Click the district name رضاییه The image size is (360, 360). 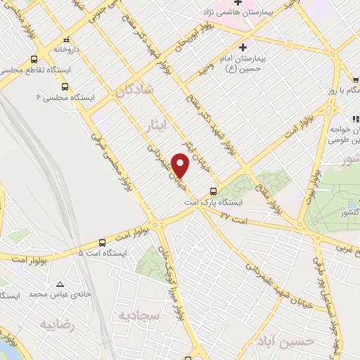58,325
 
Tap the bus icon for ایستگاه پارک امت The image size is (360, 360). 213,191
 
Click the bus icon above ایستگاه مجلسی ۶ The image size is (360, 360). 65,86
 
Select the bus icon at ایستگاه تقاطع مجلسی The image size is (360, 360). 34,60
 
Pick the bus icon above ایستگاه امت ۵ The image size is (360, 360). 102,241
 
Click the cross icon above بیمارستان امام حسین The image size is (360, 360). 243,48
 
